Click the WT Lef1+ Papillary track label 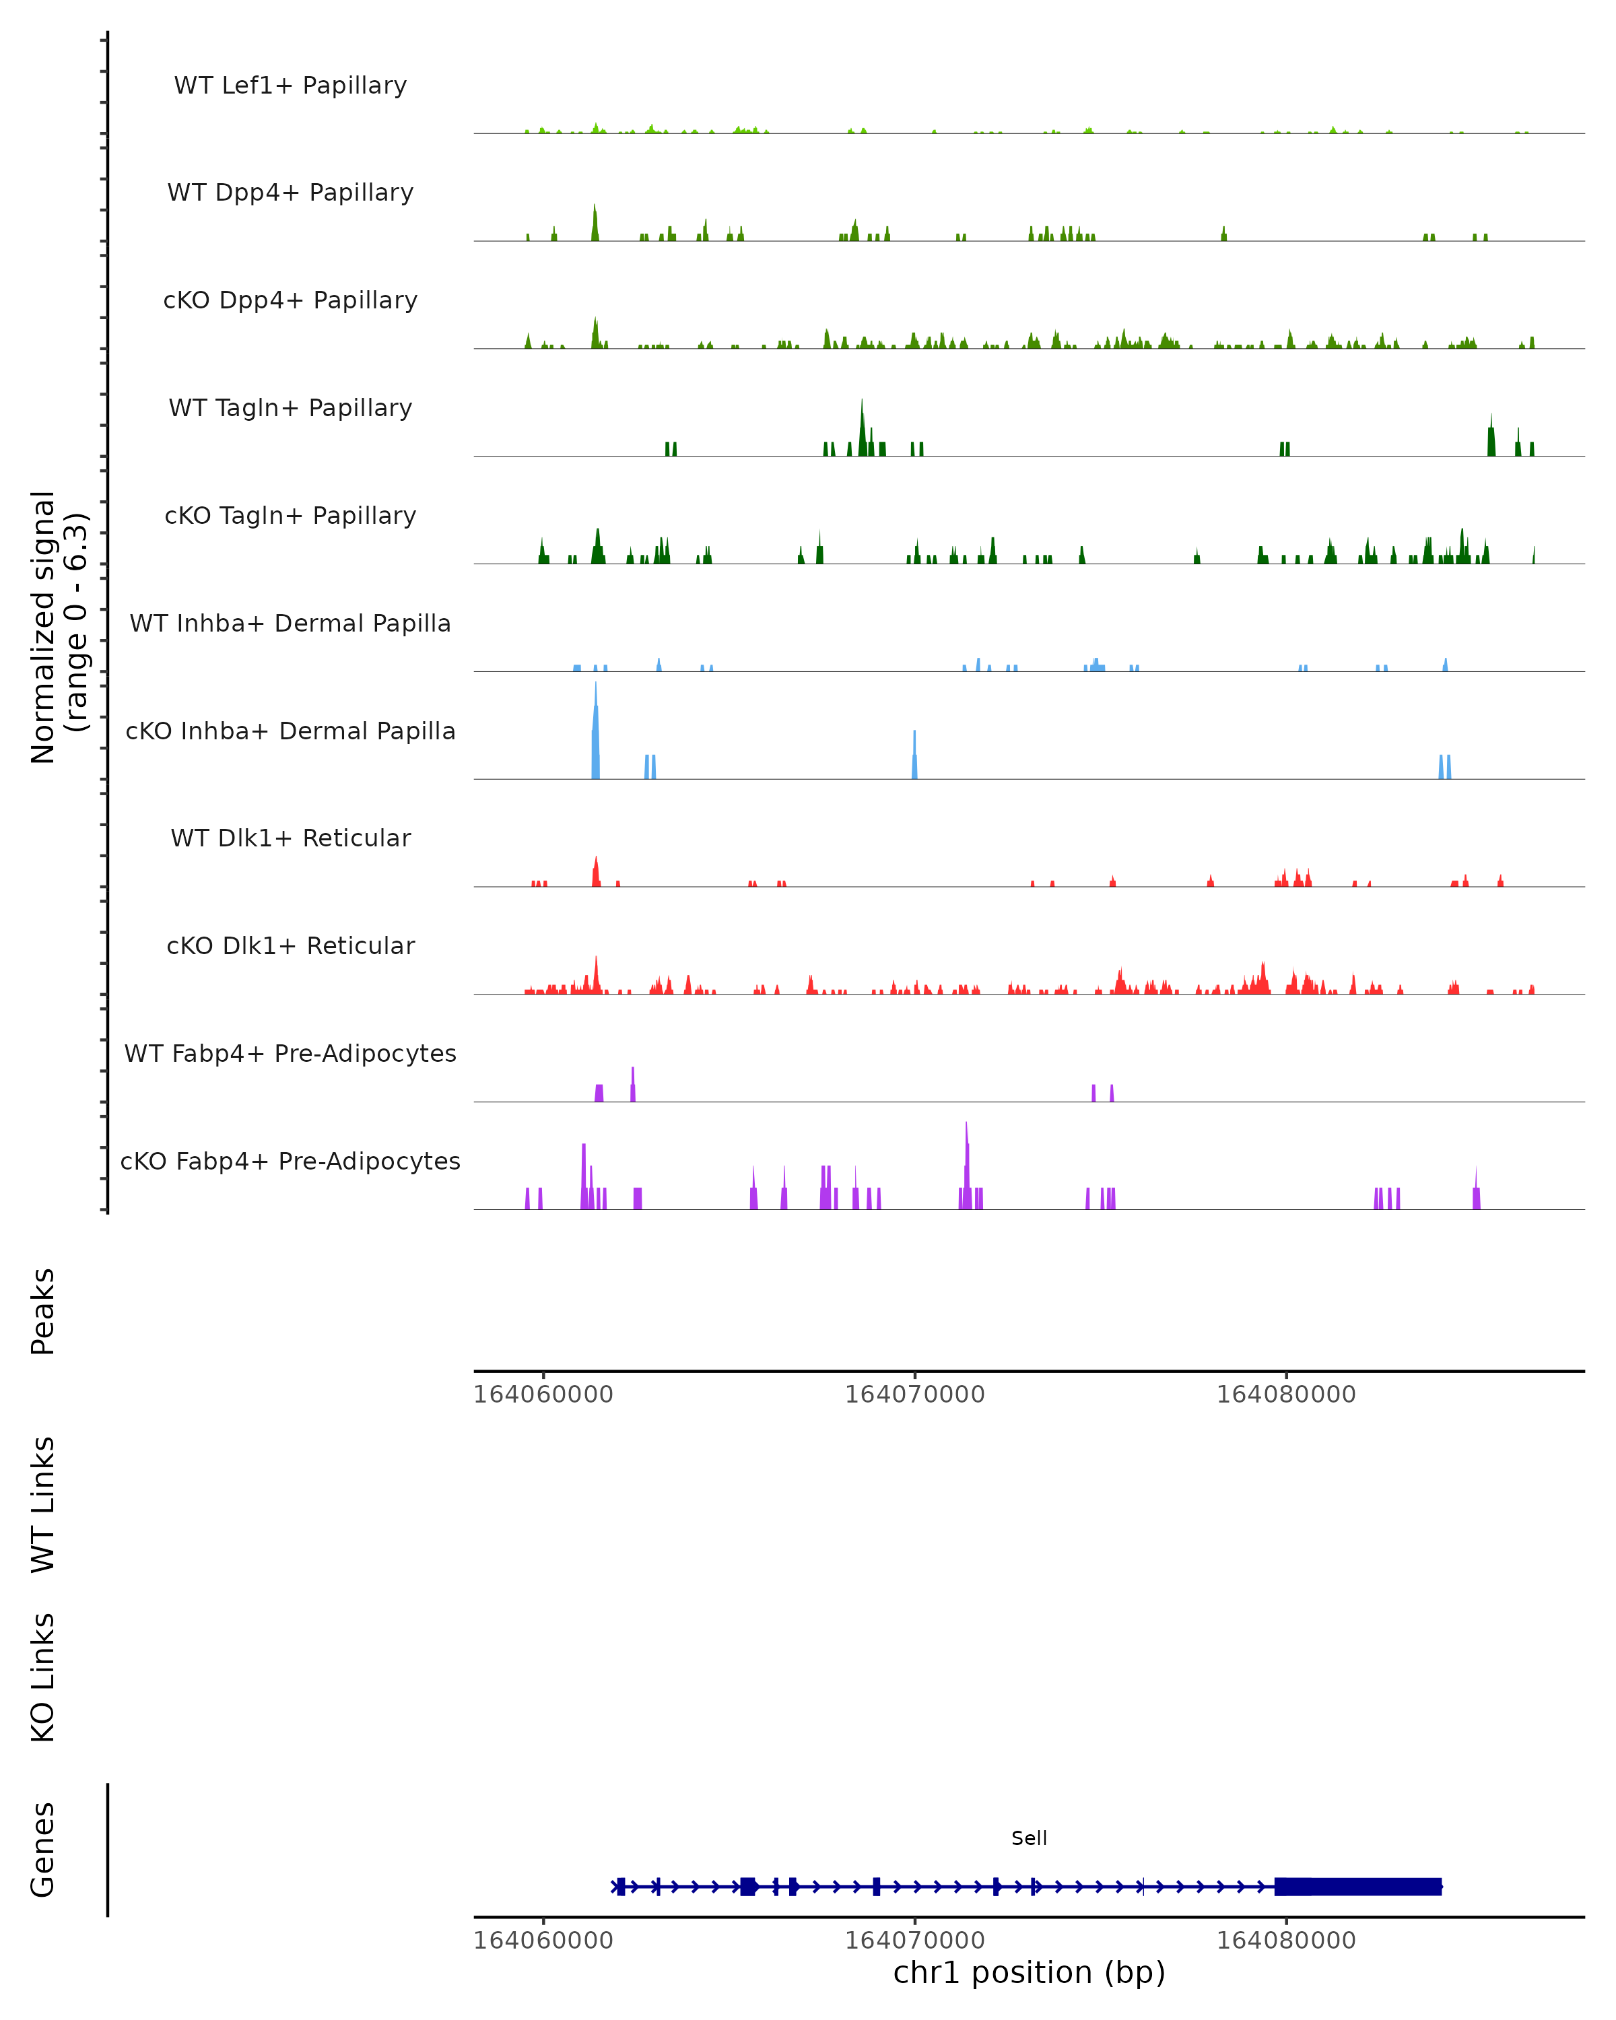(290, 86)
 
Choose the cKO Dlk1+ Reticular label (290, 945)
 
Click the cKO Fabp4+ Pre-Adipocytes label (290, 1161)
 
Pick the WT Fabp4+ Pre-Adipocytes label (290, 1053)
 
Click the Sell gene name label (1029, 1838)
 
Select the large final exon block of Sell (1357, 1886)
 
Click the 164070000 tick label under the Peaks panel (914, 1394)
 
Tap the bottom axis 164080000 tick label (1285, 1941)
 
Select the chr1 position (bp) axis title (1029, 1972)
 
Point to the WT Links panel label (43, 1504)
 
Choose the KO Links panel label (43, 1677)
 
